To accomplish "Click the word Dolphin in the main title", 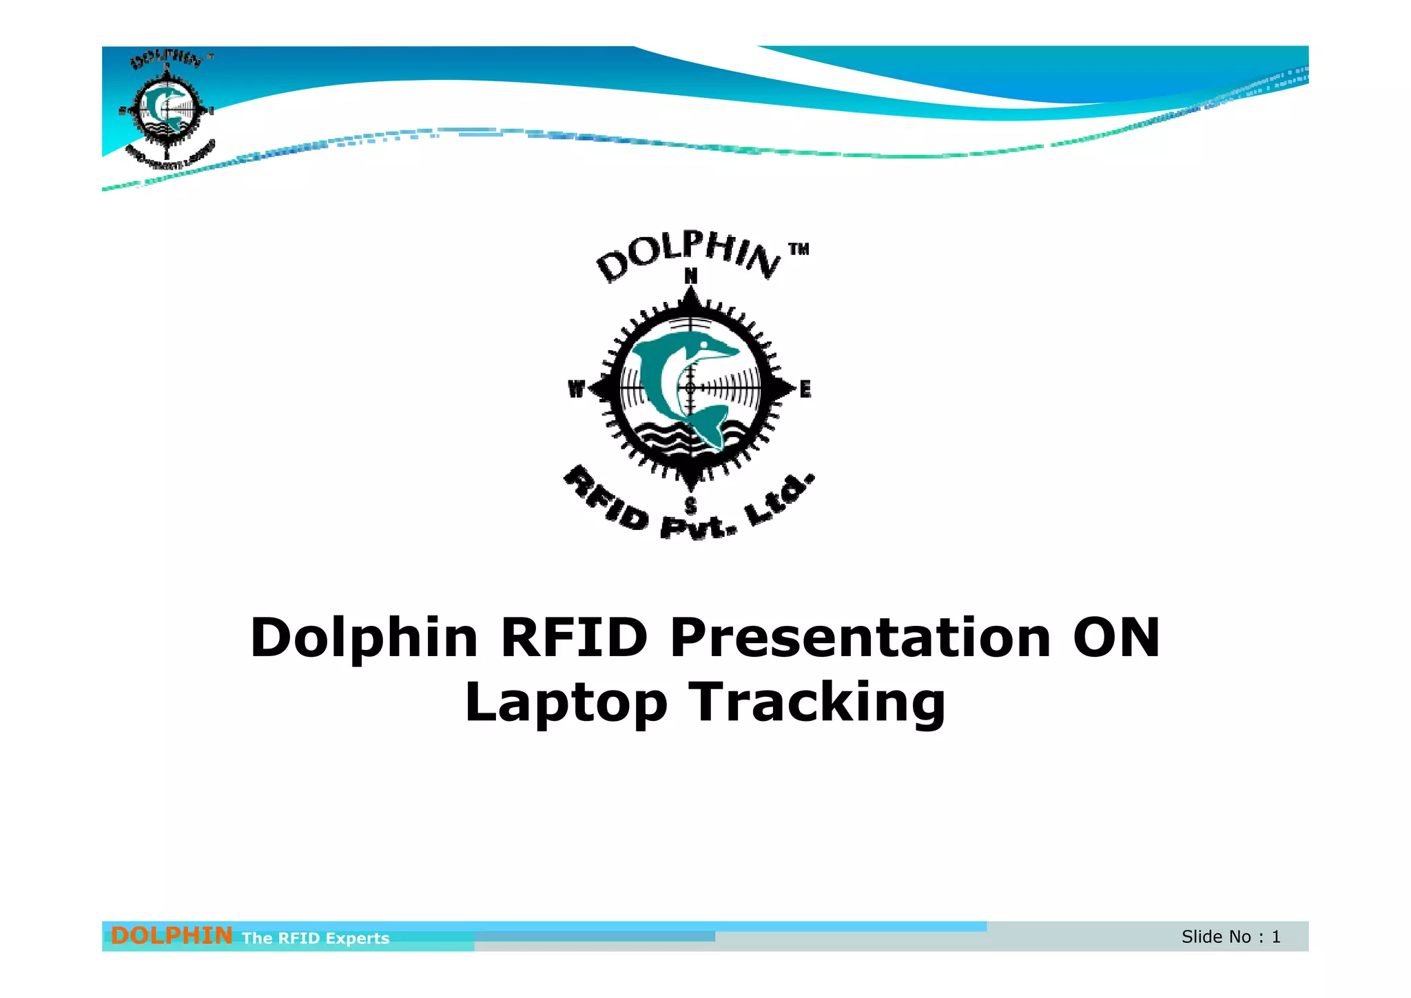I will tap(364, 638).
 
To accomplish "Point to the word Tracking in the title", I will tap(818, 703).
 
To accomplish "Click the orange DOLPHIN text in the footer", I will tap(171, 935).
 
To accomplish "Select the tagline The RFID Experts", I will tap(316, 938).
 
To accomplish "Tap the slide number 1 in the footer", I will tap(1276, 937).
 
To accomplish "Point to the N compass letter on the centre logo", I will tap(690, 276).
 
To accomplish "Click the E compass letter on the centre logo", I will tap(805, 389).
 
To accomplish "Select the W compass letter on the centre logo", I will tap(576, 389).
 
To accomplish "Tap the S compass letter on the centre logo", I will tap(690, 507).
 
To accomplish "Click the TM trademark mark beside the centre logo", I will tap(799, 249).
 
